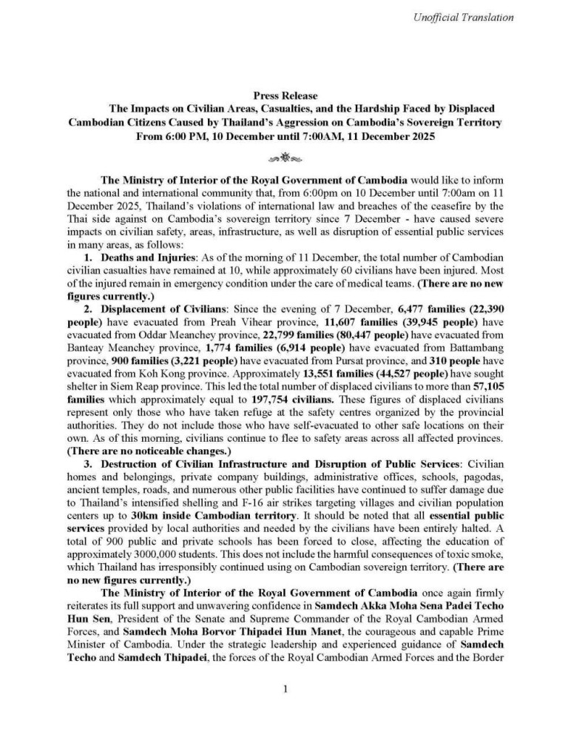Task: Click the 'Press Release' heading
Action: pos(285,96)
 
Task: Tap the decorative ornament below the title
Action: pos(285,158)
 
